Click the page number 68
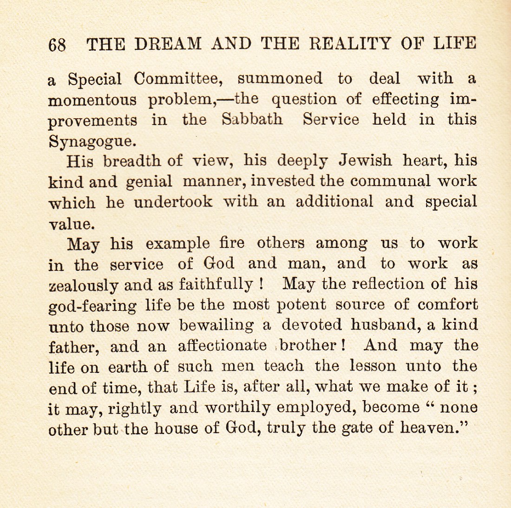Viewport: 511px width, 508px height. tap(57, 45)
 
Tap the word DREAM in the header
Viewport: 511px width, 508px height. tap(168, 44)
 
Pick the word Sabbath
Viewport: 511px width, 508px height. tap(252, 120)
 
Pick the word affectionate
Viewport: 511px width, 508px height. tap(222, 346)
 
